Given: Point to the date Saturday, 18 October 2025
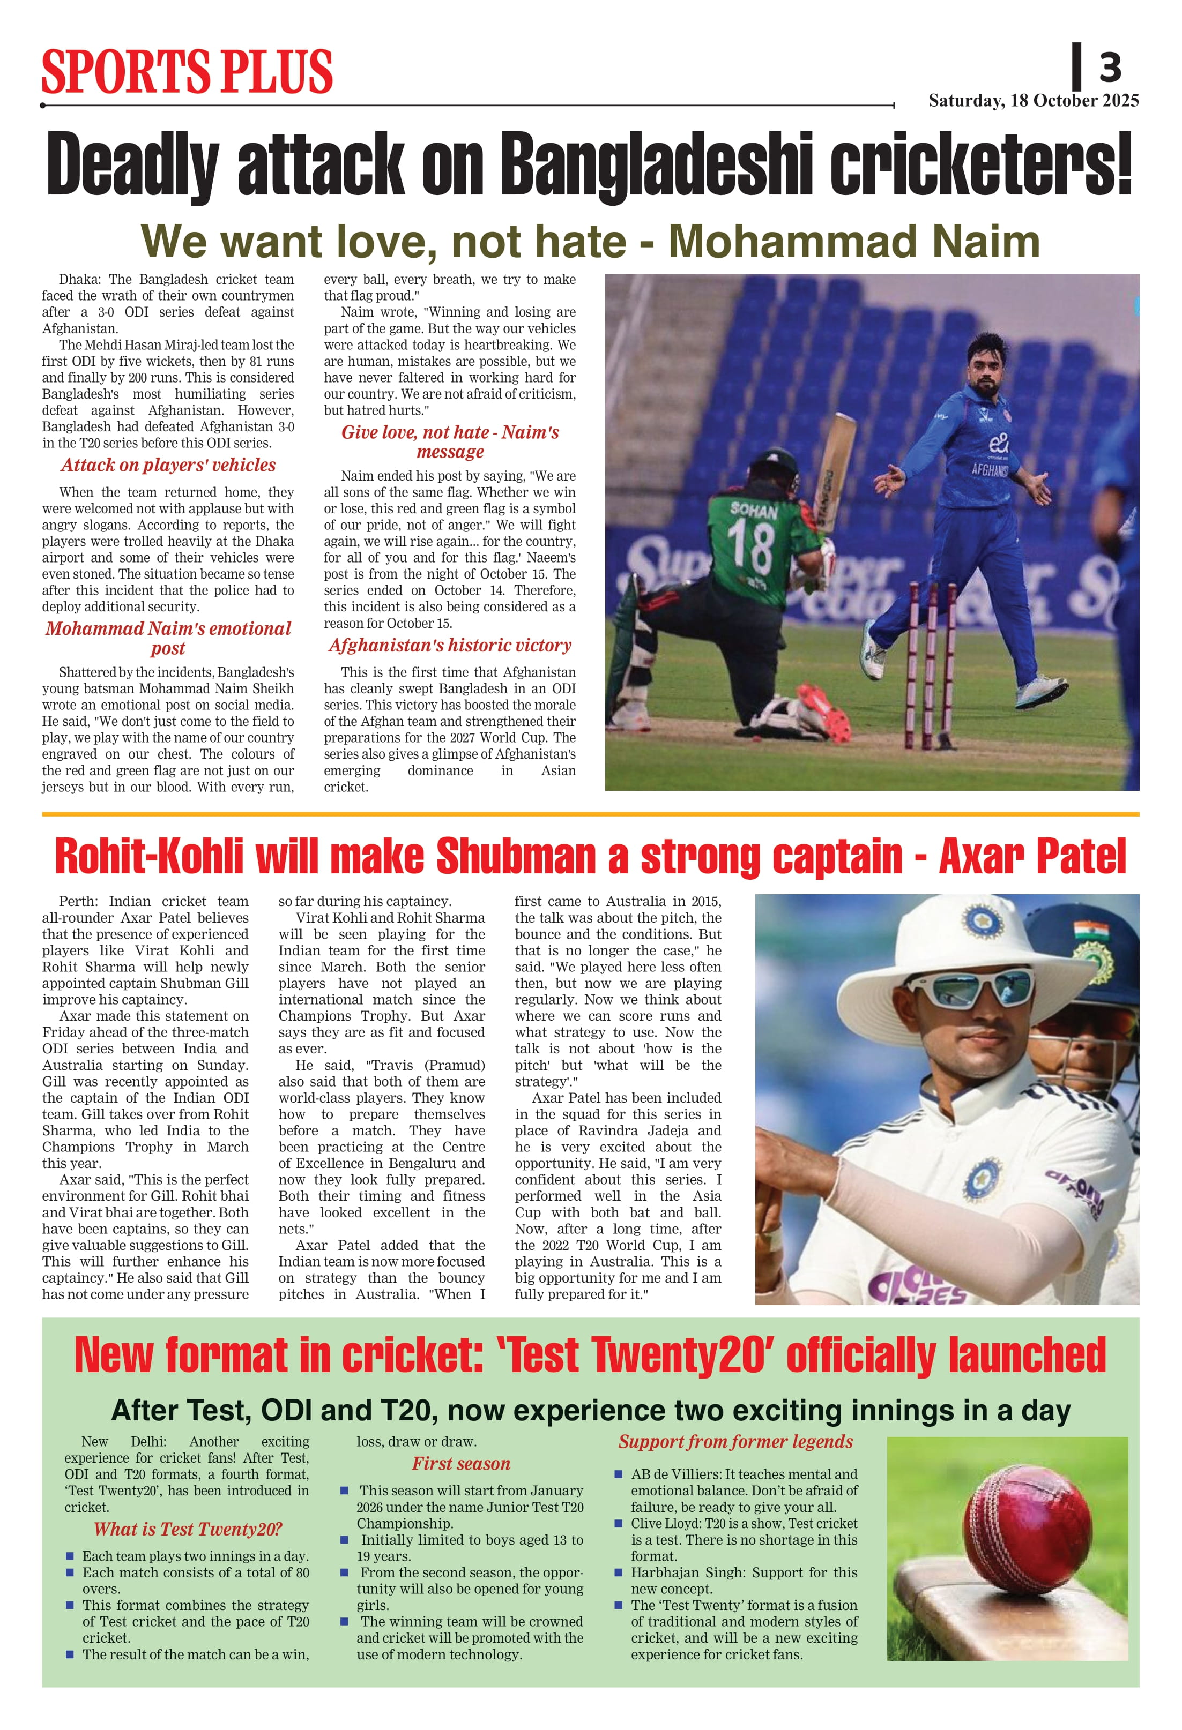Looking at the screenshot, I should click(x=1033, y=101).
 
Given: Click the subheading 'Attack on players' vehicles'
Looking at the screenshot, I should click(x=168, y=465).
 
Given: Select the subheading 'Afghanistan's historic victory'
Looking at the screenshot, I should click(x=450, y=646).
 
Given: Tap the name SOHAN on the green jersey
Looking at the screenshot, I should click(x=753, y=511).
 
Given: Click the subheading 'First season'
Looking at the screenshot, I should click(x=461, y=1464).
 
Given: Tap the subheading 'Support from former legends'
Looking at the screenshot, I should click(x=735, y=1441).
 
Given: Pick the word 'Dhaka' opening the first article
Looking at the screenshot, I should click(x=78, y=280).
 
